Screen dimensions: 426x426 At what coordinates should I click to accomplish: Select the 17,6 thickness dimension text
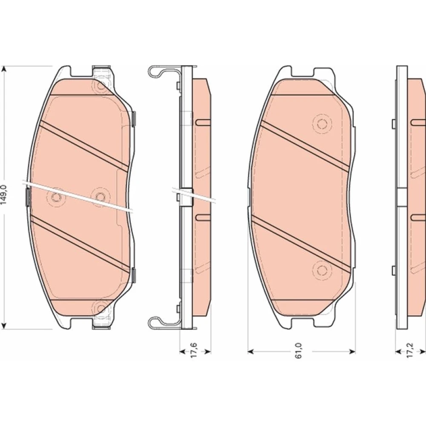coord(194,350)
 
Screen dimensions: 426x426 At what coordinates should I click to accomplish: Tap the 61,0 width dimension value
coord(298,351)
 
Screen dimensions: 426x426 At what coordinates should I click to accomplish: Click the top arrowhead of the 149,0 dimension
coord(3,69)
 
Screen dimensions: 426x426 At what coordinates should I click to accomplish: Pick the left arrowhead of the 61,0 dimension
coord(250,352)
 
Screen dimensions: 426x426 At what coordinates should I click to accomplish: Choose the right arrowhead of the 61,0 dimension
coord(352,352)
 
